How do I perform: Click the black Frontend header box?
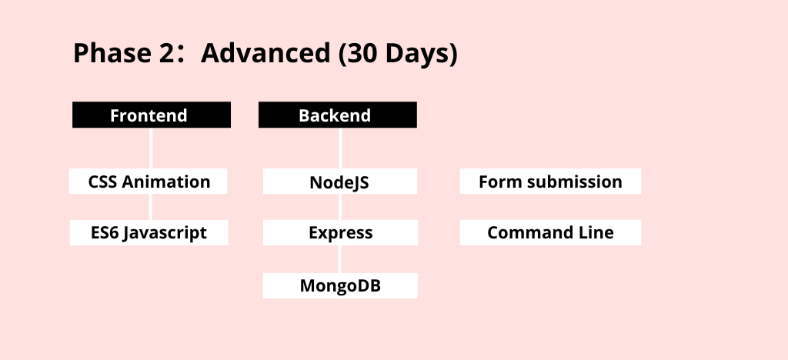tap(152, 115)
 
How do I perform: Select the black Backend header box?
tap(338, 115)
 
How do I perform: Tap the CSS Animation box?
tap(149, 182)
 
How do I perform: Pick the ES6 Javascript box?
tap(149, 232)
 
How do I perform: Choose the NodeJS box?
tap(340, 182)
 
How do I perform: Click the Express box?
tap(340, 232)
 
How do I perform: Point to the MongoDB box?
tap(340, 285)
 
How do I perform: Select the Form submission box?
tap(550, 182)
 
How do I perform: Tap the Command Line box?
tap(550, 232)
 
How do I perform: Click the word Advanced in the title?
tap(265, 53)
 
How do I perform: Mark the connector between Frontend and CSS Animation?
tap(152, 148)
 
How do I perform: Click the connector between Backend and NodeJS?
tap(341, 148)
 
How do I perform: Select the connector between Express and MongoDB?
tap(341, 259)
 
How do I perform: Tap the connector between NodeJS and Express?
tap(341, 207)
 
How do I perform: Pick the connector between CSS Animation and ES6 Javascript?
tap(152, 207)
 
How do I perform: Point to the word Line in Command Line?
tap(596, 232)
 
